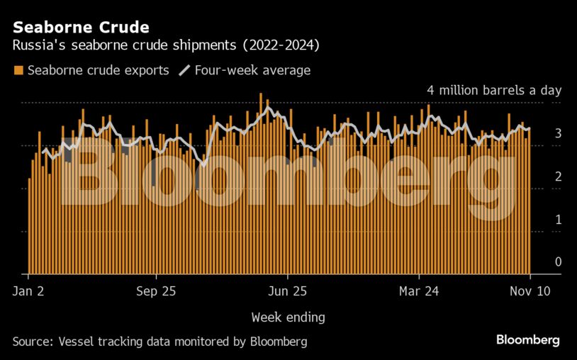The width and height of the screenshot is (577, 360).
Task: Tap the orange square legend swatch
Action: tap(18, 70)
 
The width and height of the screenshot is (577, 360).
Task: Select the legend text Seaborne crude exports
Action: tap(98, 70)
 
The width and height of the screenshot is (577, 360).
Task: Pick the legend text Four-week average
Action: tap(252, 70)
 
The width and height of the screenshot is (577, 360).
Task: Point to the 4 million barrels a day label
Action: tap(493, 91)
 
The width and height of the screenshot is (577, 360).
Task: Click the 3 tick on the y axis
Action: tap(558, 133)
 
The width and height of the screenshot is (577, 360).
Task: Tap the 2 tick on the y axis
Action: tap(558, 176)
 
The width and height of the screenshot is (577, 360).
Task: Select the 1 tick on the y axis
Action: tap(558, 220)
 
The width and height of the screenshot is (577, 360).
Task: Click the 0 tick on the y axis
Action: tap(558, 262)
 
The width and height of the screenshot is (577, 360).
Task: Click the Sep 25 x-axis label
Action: tap(155, 291)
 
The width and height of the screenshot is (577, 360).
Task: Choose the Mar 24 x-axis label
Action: tap(420, 291)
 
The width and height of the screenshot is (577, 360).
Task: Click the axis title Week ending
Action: tap(288, 316)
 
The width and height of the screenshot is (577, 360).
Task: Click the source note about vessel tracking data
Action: tap(160, 342)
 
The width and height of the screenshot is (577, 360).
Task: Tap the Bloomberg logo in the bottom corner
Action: tap(527, 340)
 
